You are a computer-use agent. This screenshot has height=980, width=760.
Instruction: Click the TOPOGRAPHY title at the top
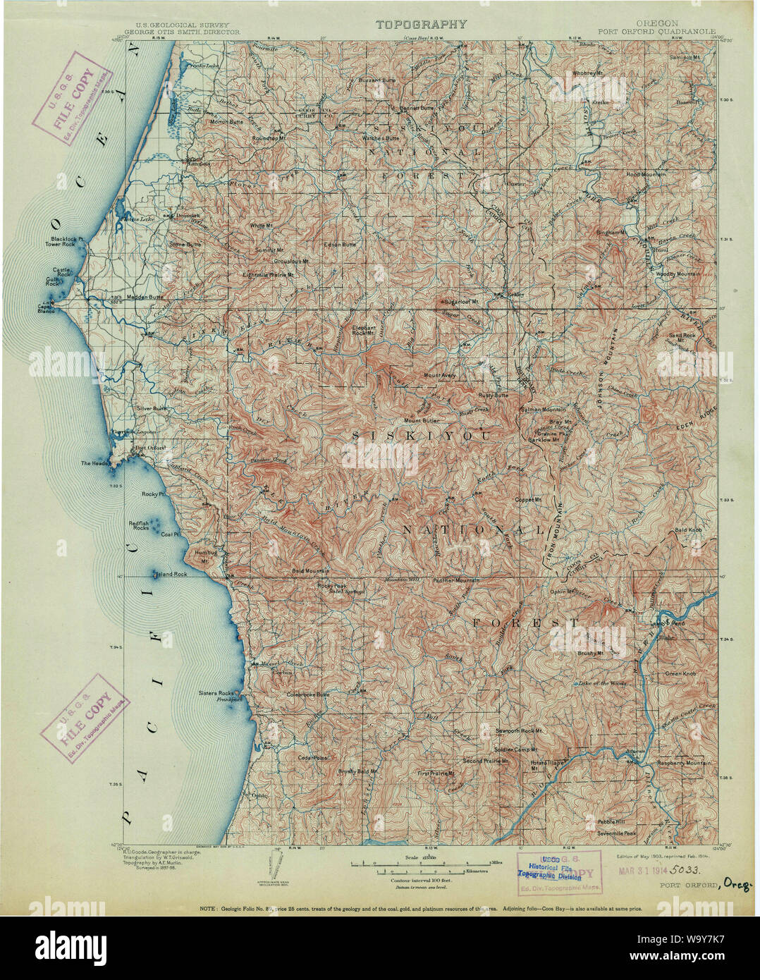(421, 24)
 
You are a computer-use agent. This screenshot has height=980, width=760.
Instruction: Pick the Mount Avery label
(439, 376)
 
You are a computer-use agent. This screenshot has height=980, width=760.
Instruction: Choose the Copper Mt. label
(527, 500)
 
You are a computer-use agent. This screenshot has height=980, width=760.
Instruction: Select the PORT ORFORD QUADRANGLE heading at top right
(656, 32)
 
